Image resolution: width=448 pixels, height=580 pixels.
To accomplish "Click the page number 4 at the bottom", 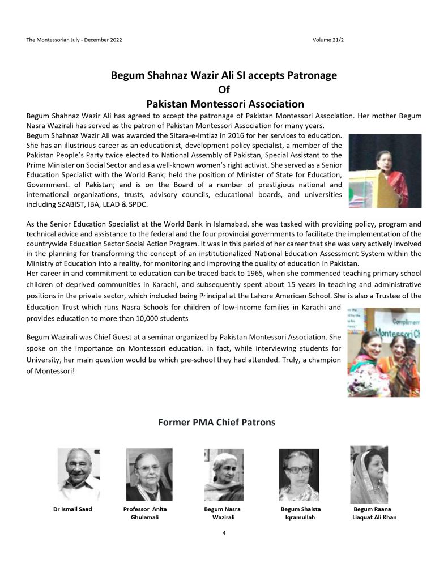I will click(x=224, y=533).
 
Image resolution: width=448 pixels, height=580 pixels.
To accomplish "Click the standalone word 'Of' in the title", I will click(x=224, y=89).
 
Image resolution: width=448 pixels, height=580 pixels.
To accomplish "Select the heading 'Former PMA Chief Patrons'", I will click(x=224, y=422).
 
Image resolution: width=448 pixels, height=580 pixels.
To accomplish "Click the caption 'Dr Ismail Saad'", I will click(x=72, y=509).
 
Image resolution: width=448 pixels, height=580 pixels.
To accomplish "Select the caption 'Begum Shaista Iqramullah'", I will click(x=301, y=513).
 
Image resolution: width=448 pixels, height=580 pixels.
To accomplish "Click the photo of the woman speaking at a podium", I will click(x=385, y=170).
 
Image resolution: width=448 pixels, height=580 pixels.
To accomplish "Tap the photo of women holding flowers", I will click(x=383, y=352).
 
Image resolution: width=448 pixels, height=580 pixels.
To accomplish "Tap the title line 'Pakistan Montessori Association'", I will click(x=224, y=104).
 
